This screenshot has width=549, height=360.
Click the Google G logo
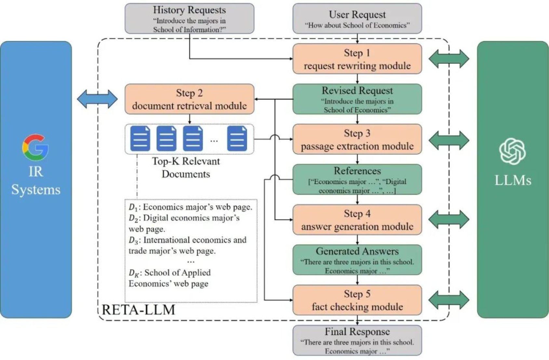click(35, 147)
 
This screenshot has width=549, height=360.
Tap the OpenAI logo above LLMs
click(512, 151)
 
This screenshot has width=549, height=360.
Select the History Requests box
click(189, 19)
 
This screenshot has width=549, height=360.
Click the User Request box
click(357, 19)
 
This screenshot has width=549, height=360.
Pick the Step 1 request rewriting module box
click(357, 59)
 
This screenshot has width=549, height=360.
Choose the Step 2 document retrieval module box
click(189, 99)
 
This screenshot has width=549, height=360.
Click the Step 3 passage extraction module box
click(357, 139)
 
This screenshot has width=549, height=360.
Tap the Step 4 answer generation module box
click(357, 220)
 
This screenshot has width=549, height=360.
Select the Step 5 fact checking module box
click(357, 300)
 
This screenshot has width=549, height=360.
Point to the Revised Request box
click(357, 99)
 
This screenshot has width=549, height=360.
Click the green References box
click(357, 179)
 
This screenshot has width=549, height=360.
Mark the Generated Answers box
click(357, 260)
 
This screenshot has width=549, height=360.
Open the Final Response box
click(357, 340)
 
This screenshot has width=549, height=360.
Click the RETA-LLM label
click(139, 310)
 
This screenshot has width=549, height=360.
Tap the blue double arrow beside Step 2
click(97, 99)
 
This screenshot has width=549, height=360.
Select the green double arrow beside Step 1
click(449, 59)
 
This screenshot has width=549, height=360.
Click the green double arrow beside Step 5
click(449, 300)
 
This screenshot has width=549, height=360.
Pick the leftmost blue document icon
click(140, 139)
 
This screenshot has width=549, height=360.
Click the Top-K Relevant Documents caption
click(186, 168)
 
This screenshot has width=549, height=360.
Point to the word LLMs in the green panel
click(513, 180)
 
